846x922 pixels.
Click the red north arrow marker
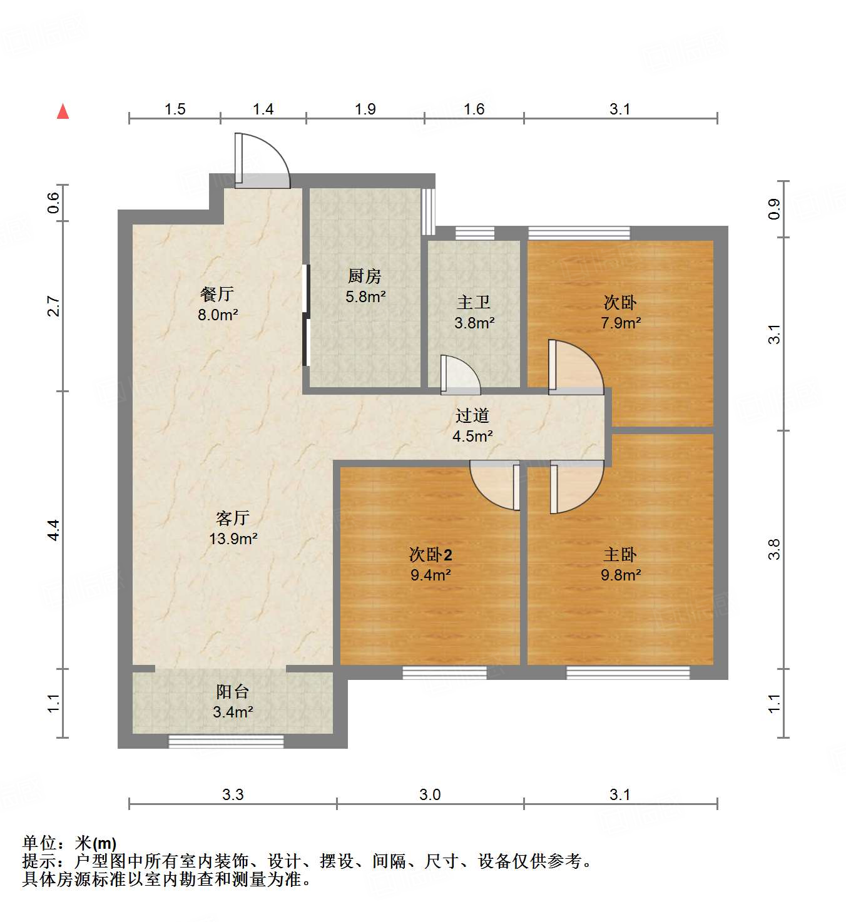[x=63, y=112]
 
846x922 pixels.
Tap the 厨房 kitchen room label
[x=365, y=276]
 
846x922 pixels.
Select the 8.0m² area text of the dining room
[x=218, y=315]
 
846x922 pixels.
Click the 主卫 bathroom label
[x=474, y=303]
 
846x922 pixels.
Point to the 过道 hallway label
[x=472, y=416]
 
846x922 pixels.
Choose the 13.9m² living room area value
[x=233, y=539]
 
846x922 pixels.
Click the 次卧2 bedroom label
[x=431, y=554]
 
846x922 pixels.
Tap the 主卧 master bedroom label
[x=620, y=554]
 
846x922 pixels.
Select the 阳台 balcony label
[x=233, y=691]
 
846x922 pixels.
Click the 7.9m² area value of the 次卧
[x=621, y=323]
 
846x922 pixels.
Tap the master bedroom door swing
[x=576, y=487]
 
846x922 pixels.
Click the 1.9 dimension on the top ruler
[x=365, y=109]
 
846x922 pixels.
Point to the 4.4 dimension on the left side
[x=54, y=530]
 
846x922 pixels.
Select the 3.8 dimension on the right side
[x=774, y=549]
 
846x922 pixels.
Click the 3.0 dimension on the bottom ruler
[x=430, y=794]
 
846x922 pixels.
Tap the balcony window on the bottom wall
[x=226, y=742]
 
